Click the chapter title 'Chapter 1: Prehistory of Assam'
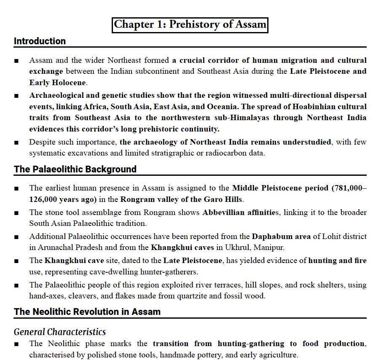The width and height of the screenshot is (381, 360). pyautogui.click(x=190, y=24)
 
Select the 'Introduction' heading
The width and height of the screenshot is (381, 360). pyautogui.click(x=40, y=41)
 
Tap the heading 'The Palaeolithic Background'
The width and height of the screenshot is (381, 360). pyautogui.click(x=75, y=169)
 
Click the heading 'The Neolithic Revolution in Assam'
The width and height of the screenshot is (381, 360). pyautogui.click(x=87, y=312)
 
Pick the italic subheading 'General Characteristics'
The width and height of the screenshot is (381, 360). pyautogui.click(x=59, y=332)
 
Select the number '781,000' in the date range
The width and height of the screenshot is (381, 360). pyautogui.click(x=347, y=188)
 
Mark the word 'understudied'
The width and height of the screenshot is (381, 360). pyautogui.click(x=307, y=142)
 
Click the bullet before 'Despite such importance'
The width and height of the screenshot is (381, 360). pyautogui.click(x=16, y=142)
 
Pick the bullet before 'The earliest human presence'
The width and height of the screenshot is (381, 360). pyautogui.click(x=16, y=188)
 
